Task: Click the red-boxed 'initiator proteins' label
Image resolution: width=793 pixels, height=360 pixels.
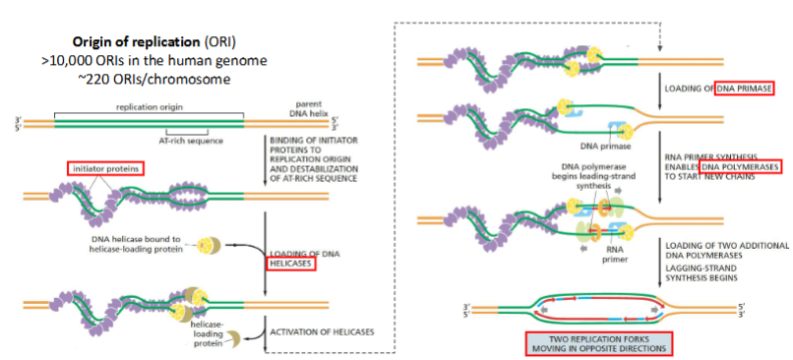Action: (x=105, y=168)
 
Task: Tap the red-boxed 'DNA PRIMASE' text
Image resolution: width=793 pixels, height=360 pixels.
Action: (x=745, y=89)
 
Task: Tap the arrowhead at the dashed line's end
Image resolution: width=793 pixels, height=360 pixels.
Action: (x=660, y=48)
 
